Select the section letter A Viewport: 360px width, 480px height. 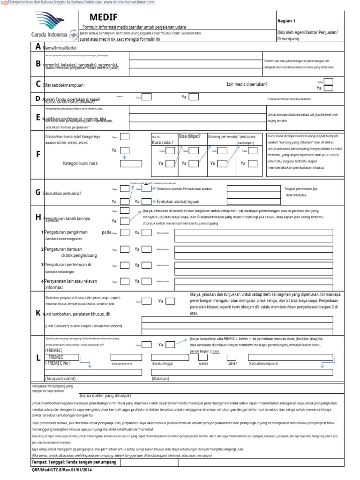(x=38, y=47)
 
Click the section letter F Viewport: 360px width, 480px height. (x=38, y=154)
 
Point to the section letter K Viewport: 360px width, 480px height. (x=38, y=313)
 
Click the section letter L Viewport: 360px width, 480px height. (x=38, y=358)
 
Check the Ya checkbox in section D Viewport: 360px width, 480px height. (x=194, y=97)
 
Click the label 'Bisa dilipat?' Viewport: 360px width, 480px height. (x=190, y=136)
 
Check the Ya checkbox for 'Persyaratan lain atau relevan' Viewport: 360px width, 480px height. (x=147, y=281)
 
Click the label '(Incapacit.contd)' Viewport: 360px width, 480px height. (x=60, y=378)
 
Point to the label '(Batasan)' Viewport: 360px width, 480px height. (x=160, y=378)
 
